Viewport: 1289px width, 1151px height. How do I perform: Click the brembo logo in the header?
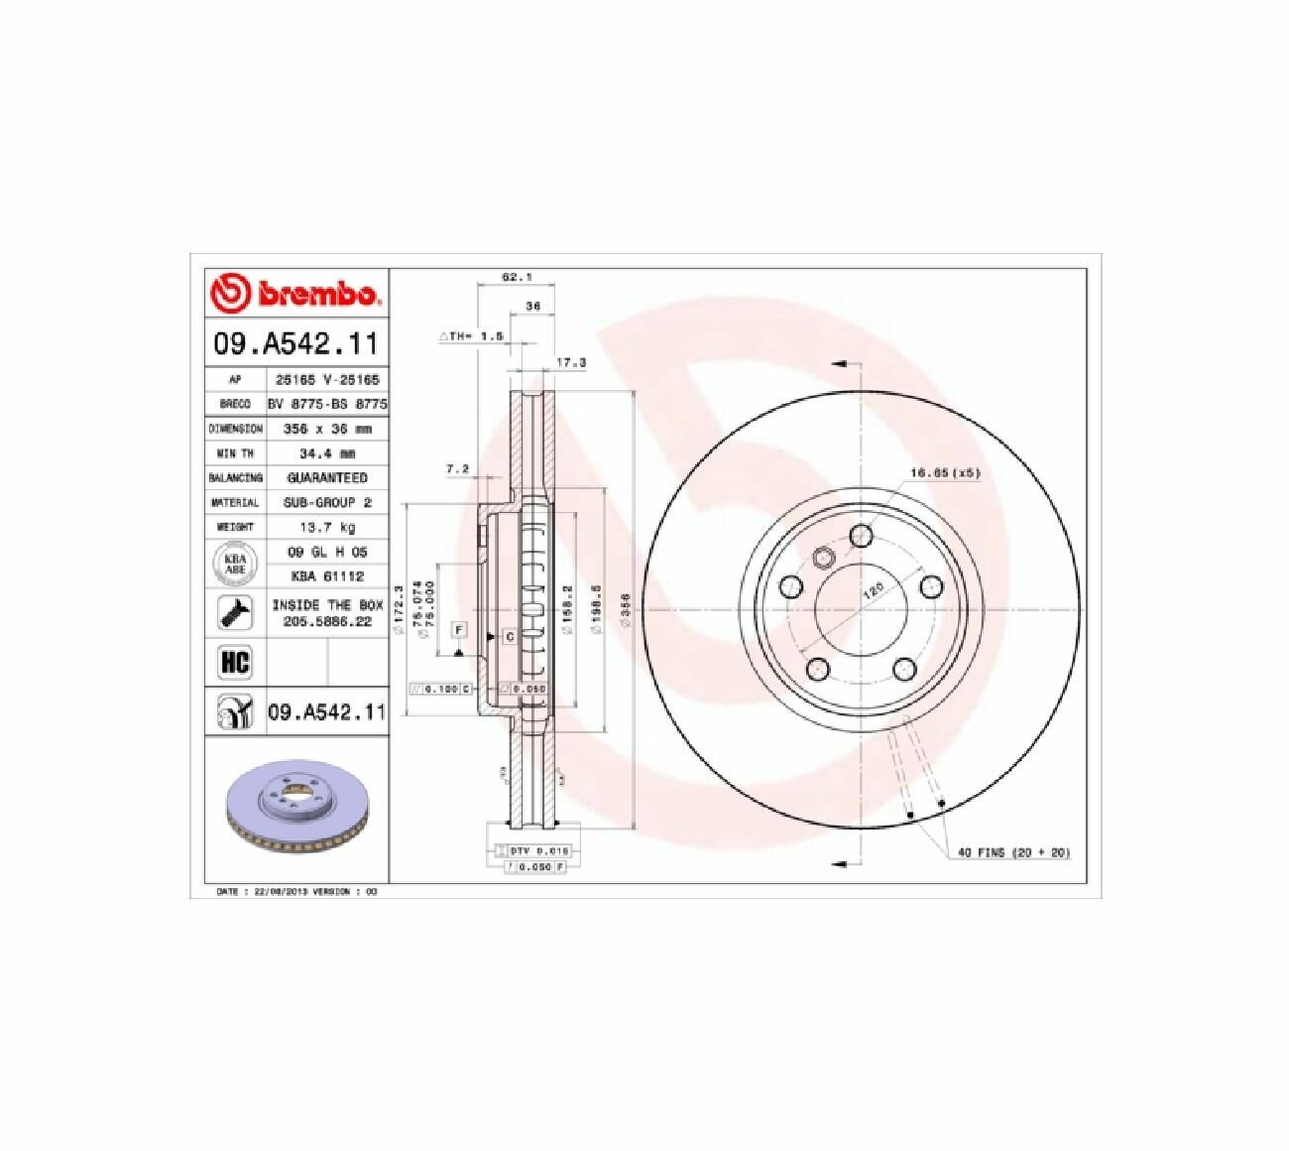[295, 294]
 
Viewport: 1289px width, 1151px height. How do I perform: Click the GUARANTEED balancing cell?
[327, 478]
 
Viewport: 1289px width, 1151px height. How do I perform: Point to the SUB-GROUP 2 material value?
[327, 502]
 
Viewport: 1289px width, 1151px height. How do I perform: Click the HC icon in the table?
[235, 662]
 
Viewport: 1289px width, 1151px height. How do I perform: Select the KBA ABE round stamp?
[235, 564]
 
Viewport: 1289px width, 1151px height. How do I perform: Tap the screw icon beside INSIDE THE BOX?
[235, 613]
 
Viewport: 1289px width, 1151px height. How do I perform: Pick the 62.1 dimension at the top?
[512, 279]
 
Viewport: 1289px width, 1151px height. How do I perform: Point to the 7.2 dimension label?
[457, 468]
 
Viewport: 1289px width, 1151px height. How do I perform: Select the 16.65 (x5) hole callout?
[944, 473]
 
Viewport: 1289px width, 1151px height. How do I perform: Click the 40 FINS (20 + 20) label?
[1013, 852]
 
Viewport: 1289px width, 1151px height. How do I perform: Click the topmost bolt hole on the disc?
[862, 536]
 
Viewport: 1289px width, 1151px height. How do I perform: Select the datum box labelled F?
[458, 630]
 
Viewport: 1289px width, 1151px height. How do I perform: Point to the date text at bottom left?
[297, 892]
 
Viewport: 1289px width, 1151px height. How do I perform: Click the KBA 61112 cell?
[327, 575]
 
